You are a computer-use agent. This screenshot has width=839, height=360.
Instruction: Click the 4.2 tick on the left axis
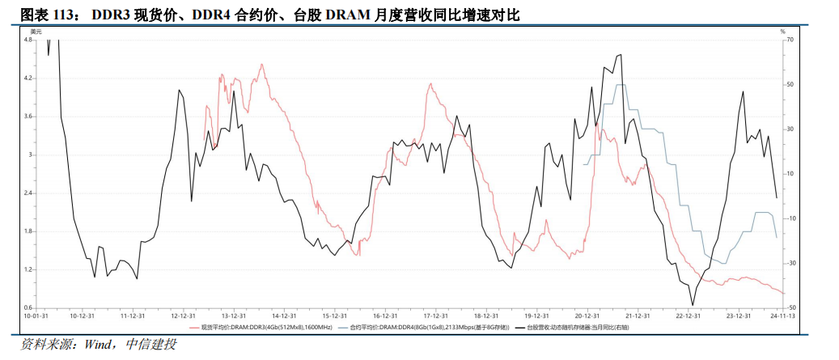pyautogui.click(x=28, y=78)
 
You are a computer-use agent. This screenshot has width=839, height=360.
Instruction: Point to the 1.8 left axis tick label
pyautogui.click(x=28, y=232)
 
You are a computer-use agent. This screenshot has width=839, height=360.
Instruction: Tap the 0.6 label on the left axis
pyautogui.click(x=28, y=308)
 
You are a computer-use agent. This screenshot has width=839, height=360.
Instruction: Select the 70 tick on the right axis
pyautogui.click(x=790, y=40)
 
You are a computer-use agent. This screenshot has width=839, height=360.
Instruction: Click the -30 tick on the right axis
pyautogui.click(x=790, y=263)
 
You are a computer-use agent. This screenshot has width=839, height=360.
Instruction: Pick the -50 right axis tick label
pyautogui.click(x=790, y=308)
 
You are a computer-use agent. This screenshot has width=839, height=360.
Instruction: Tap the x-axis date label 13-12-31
pyautogui.click(x=233, y=316)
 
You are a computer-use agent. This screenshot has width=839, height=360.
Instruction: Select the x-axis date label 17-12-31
pyautogui.click(x=435, y=316)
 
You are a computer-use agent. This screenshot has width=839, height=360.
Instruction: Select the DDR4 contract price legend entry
pyautogui.click(x=422, y=328)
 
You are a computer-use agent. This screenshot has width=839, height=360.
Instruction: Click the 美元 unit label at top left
pyautogui.click(x=36, y=31)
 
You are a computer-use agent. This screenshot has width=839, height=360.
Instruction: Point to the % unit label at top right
pyautogui.click(x=782, y=31)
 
